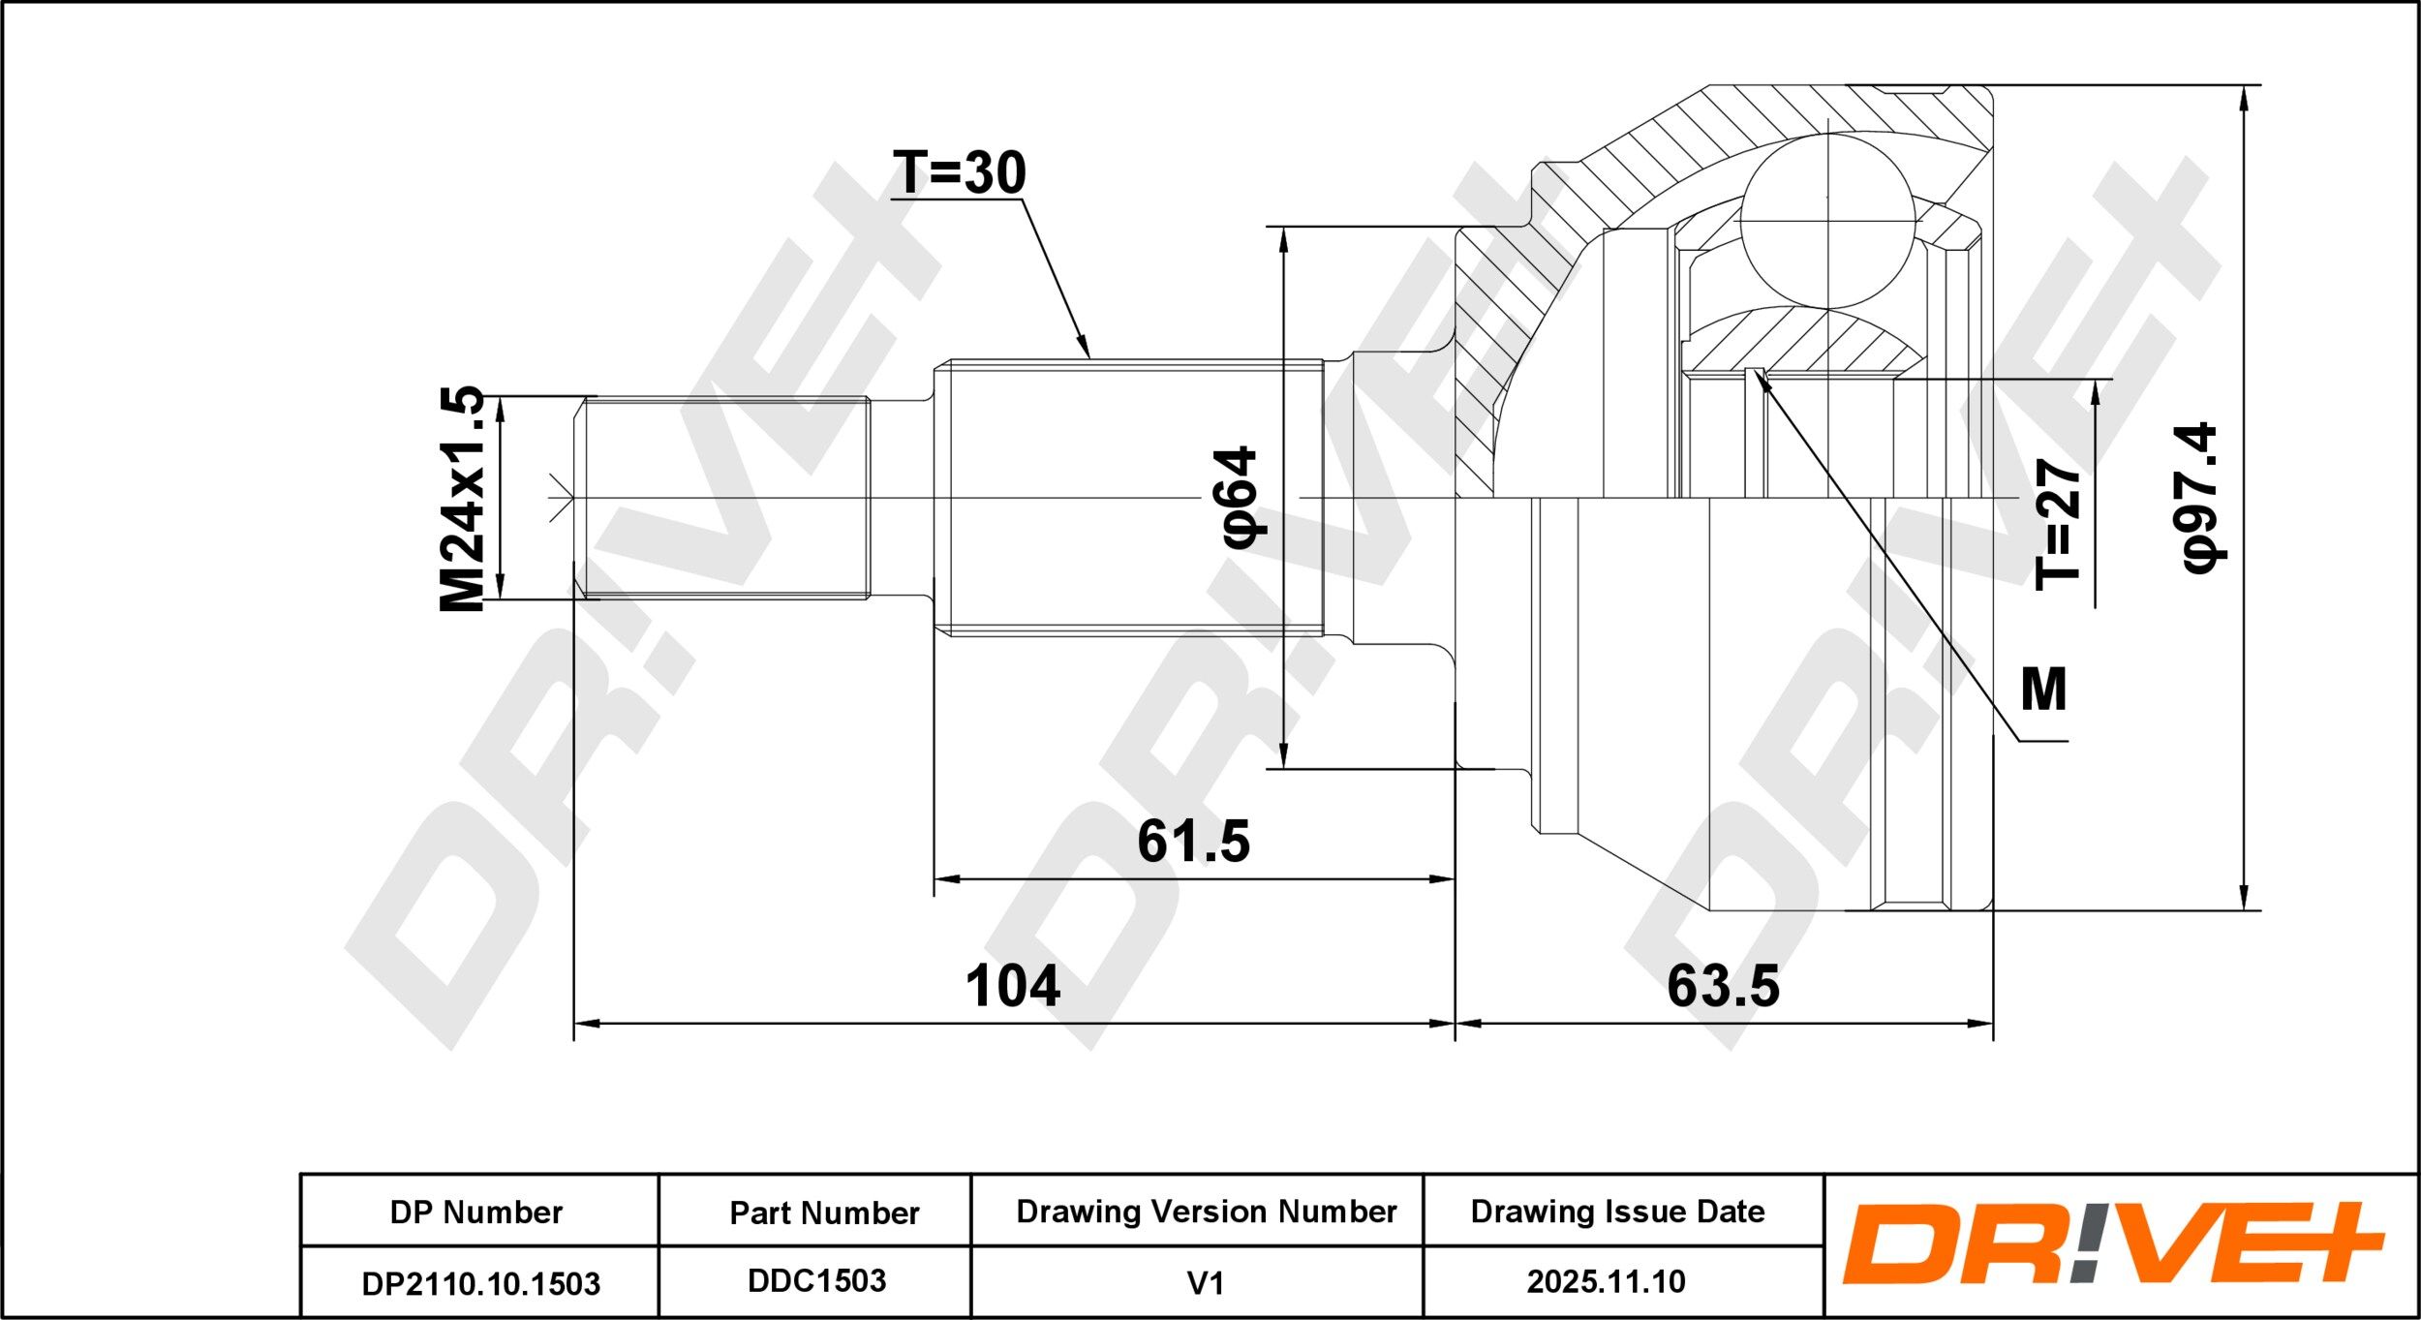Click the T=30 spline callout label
960,173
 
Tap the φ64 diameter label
1241,497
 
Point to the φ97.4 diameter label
2201,498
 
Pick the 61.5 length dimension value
1193,841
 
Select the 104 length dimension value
1013,986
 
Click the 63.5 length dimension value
1724,986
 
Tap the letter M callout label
2044,690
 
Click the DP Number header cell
476,1213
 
